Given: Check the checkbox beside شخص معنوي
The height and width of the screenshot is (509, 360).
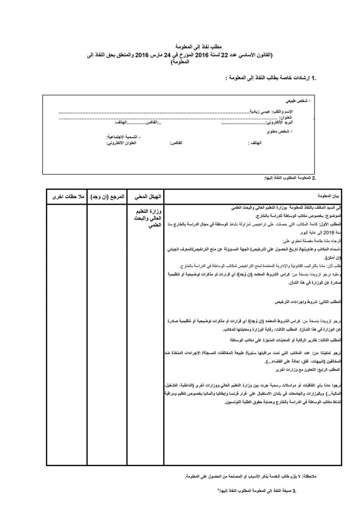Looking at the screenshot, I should click(292, 131).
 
